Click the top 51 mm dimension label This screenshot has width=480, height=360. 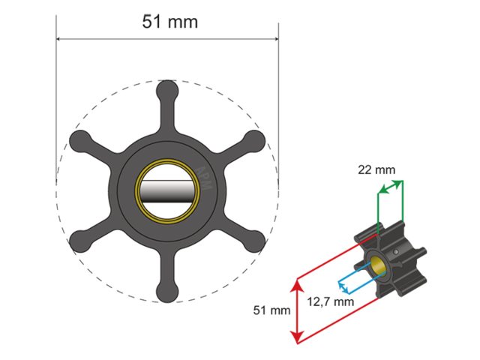(x=169, y=22)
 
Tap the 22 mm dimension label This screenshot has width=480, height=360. (x=376, y=169)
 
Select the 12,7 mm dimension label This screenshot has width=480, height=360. (x=331, y=301)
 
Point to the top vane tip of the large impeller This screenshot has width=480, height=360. (x=167, y=93)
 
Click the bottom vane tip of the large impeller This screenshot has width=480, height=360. (x=167, y=289)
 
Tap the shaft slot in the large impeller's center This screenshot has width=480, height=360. (x=167, y=190)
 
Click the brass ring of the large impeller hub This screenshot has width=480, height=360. (x=140, y=190)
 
